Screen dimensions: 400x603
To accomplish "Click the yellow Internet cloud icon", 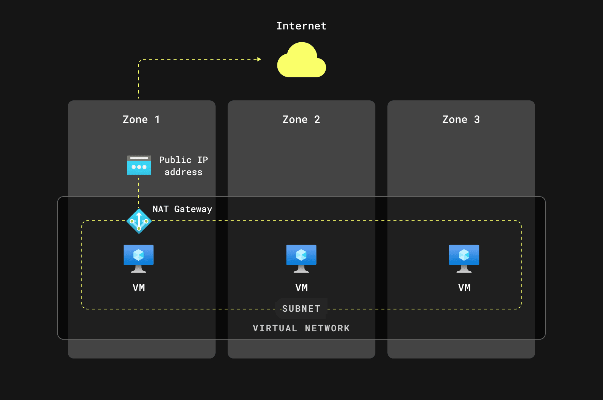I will [301, 61].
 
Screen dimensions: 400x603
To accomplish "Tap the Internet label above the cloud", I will [301, 26].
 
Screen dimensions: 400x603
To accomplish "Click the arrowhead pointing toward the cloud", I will [259, 59].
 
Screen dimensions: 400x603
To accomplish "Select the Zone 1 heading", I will [141, 120].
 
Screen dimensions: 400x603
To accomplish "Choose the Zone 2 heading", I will [301, 120].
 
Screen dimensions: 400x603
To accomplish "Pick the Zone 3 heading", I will [461, 120].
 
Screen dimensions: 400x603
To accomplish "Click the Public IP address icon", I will [139, 165].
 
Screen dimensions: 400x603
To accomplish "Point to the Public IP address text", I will [184, 166].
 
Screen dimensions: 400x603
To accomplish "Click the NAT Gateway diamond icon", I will [139, 221].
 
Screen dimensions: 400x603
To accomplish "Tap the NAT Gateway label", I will [182, 209].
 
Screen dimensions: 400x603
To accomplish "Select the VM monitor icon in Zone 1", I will [139, 258].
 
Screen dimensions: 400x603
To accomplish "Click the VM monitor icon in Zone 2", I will [301, 258].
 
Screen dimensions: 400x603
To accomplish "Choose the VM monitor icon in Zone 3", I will [464, 258].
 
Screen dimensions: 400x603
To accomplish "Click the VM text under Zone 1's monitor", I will [139, 288].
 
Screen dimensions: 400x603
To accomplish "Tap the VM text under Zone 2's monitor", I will [301, 288].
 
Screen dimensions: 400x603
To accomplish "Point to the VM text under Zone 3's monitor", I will [464, 288].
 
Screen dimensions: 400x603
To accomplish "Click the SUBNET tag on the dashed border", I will [301, 309].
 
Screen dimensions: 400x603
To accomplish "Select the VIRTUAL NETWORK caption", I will [301, 328].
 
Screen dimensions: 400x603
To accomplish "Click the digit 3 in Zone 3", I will [477, 120].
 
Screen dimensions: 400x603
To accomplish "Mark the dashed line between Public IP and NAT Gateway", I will [139, 192].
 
